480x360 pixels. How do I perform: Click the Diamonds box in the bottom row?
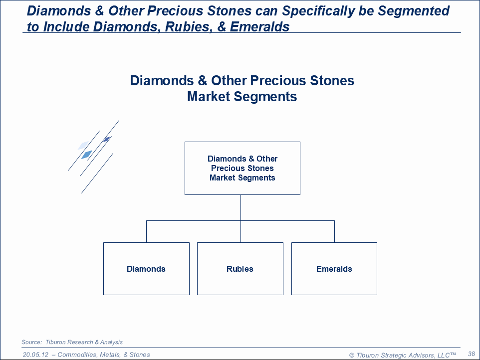pos(146,269)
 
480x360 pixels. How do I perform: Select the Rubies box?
pos(240,269)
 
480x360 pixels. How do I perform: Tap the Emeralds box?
pos(334,269)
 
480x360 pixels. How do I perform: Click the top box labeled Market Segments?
pos(242,168)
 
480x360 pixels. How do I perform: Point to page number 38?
pos(471,354)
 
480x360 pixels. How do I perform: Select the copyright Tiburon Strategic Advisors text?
pos(402,355)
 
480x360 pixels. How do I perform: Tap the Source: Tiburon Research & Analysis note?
pos(72,342)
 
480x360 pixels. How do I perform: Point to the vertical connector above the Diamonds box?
pos(146,231)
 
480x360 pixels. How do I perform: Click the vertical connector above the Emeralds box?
pos(334,231)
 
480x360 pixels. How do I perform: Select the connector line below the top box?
pos(240,207)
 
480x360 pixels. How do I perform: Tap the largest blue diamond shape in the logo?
pos(86,155)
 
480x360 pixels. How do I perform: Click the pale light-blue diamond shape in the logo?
pos(83,145)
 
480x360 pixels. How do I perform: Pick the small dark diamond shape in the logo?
pos(106,139)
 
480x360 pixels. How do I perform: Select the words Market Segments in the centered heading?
pos(242,96)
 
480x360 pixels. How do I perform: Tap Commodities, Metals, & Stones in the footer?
pos(104,355)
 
